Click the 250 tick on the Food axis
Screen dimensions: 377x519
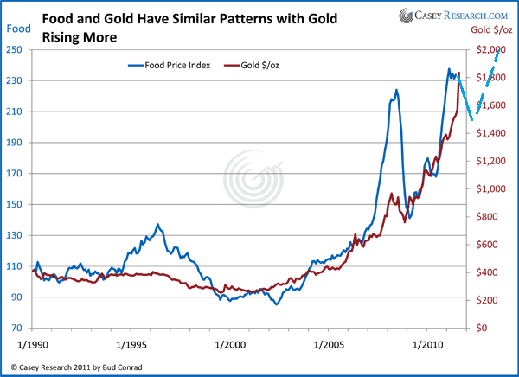(15, 50)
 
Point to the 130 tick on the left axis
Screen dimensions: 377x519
(15, 235)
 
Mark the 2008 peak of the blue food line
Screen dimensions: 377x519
(396, 90)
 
